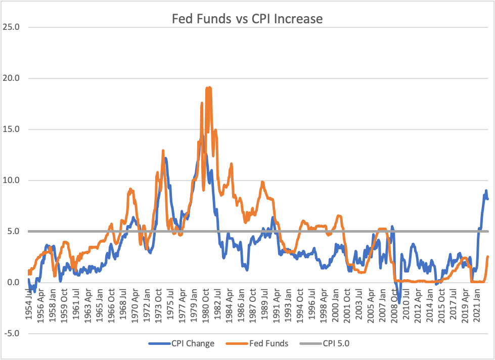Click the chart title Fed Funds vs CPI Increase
tap(247, 19)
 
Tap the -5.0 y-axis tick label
tap(10, 333)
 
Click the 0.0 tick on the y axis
tap(12, 282)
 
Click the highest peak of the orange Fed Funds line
tap(208, 87)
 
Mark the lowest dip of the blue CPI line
tap(399, 303)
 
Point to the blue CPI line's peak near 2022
tap(486, 191)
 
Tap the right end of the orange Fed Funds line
tap(488, 257)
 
